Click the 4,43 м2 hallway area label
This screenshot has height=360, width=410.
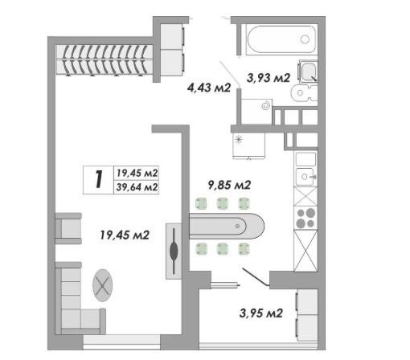click(x=209, y=88)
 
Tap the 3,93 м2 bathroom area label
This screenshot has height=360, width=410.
click(x=269, y=78)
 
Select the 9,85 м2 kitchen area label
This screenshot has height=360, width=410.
click(x=229, y=185)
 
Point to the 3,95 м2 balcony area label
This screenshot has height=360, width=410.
click(x=261, y=313)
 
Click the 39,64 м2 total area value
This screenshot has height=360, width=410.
click(x=137, y=187)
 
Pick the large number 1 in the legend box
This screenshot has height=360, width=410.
click(x=99, y=179)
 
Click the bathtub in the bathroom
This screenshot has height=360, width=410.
click(x=281, y=40)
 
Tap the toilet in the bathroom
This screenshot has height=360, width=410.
click(x=303, y=93)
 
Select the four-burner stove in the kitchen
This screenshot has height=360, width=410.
click(x=305, y=218)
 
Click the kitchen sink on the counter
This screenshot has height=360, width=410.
click(x=305, y=177)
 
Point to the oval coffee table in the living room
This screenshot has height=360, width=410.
click(x=102, y=285)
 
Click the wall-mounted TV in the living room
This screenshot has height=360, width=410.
click(x=174, y=251)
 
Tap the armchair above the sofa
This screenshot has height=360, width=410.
click(x=68, y=228)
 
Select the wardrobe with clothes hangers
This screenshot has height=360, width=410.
click(x=105, y=60)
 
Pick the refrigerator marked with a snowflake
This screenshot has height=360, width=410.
click(x=249, y=145)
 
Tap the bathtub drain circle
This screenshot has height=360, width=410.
click(x=305, y=39)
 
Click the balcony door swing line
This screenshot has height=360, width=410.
click(x=255, y=277)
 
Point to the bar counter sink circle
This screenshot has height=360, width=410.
click(x=237, y=227)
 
